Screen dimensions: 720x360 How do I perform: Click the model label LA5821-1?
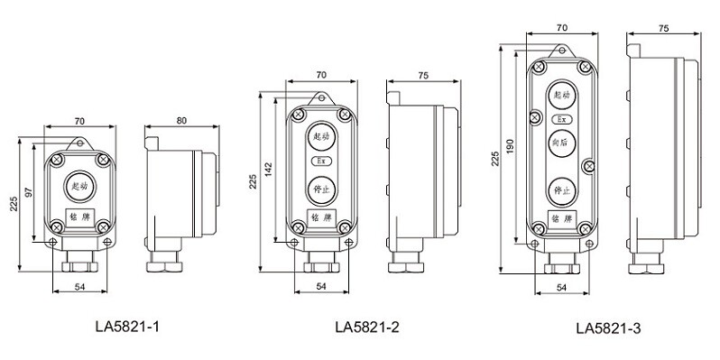coord(127,327)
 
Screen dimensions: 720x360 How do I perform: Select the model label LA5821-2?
coord(367,327)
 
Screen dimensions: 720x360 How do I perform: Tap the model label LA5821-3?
coord(608,328)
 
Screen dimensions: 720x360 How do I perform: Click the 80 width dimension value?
coord(182,121)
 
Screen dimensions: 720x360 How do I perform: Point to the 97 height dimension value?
coord(29,192)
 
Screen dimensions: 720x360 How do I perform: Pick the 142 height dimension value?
coord(269,170)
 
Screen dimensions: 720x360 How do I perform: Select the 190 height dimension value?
coord(510,145)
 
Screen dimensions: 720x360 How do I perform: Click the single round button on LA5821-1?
coord(80,186)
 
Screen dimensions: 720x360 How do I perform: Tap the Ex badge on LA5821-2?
coord(321,162)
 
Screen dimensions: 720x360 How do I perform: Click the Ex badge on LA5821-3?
coord(562,119)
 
